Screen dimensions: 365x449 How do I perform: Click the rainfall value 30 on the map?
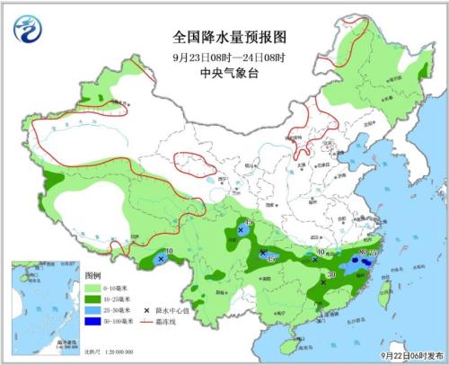point(331,274)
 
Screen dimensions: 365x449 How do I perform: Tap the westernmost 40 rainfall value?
point(168,252)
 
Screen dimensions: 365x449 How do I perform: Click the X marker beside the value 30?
point(323,281)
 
